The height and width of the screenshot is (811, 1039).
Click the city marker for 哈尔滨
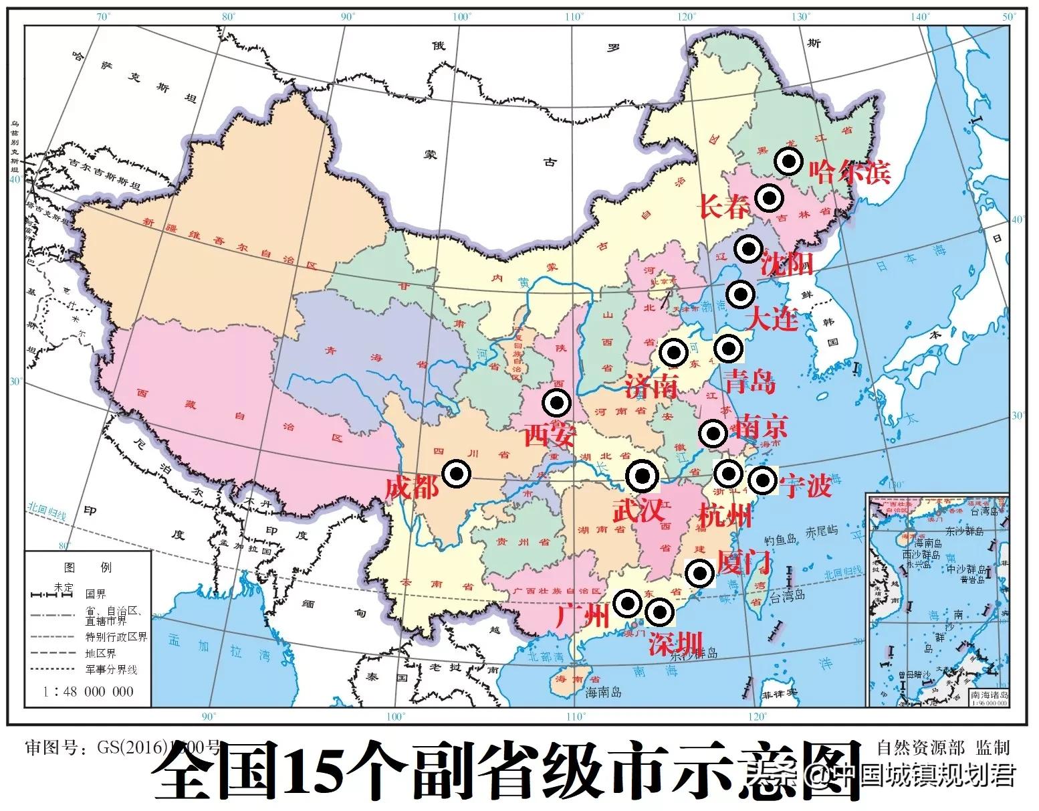(x=789, y=161)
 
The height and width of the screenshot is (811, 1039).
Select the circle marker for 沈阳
(x=748, y=248)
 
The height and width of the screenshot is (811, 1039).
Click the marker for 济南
(x=673, y=352)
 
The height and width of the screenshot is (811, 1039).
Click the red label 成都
(x=411, y=488)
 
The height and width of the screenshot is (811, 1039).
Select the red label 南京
(x=761, y=426)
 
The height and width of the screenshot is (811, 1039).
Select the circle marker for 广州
(x=627, y=604)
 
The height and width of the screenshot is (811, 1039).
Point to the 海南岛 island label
(x=603, y=693)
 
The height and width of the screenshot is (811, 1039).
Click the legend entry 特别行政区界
(x=116, y=636)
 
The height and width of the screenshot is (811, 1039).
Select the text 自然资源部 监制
(x=943, y=747)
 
